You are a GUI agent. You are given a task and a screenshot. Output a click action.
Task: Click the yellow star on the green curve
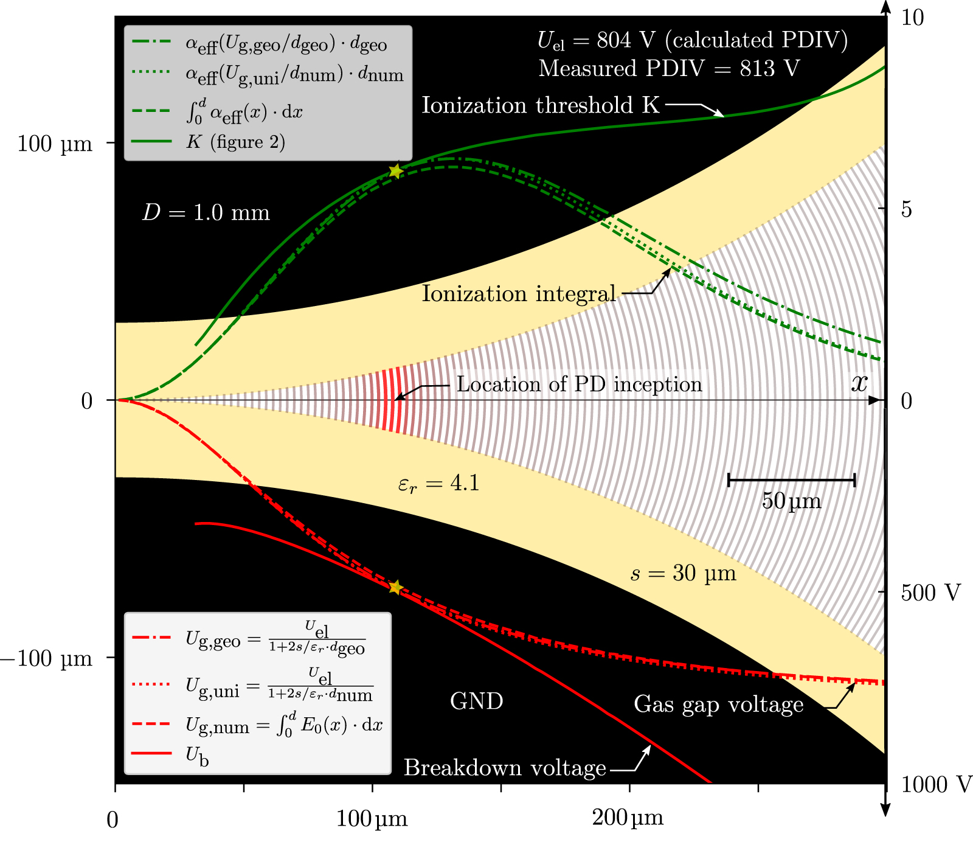pyautogui.click(x=396, y=171)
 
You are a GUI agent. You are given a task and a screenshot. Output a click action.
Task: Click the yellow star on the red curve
pyautogui.click(x=396, y=587)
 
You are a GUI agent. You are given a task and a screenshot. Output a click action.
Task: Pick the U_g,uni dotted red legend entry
pyautogui.click(x=279, y=686)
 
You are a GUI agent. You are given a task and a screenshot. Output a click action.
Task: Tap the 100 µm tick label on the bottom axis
pyautogui.click(x=372, y=819)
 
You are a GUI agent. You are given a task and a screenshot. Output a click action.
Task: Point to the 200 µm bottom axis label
pyautogui.click(x=628, y=819)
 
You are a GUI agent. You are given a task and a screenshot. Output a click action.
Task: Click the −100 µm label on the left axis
pyautogui.click(x=47, y=658)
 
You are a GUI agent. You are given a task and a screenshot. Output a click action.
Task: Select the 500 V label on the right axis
pyautogui.click(x=930, y=593)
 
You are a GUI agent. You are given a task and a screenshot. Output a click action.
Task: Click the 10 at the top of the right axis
pyautogui.click(x=912, y=18)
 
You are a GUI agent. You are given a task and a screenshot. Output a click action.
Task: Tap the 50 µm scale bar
pyautogui.click(x=791, y=481)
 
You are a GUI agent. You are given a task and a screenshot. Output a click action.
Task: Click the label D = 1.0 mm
pyautogui.click(x=206, y=213)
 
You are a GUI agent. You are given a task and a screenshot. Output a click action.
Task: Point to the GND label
pyautogui.click(x=476, y=701)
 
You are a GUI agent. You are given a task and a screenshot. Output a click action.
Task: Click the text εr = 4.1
pyautogui.click(x=438, y=484)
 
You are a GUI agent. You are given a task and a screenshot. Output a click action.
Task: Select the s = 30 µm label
pyautogui.click(x=683, y=573)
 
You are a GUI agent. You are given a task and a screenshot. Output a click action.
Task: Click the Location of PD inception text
pyautogui.click(x=579, y=384)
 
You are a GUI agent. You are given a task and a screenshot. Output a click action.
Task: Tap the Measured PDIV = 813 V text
pyautogui.click(x=669, y=68)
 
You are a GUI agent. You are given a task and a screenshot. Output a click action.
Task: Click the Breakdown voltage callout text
pyautogui.click(x=505, y=768)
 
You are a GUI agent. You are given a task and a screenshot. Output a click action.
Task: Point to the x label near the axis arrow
pyautogui.click(x=859, y=383)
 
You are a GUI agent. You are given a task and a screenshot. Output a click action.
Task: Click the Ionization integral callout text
pyautogui.click(x=519, y=294)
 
